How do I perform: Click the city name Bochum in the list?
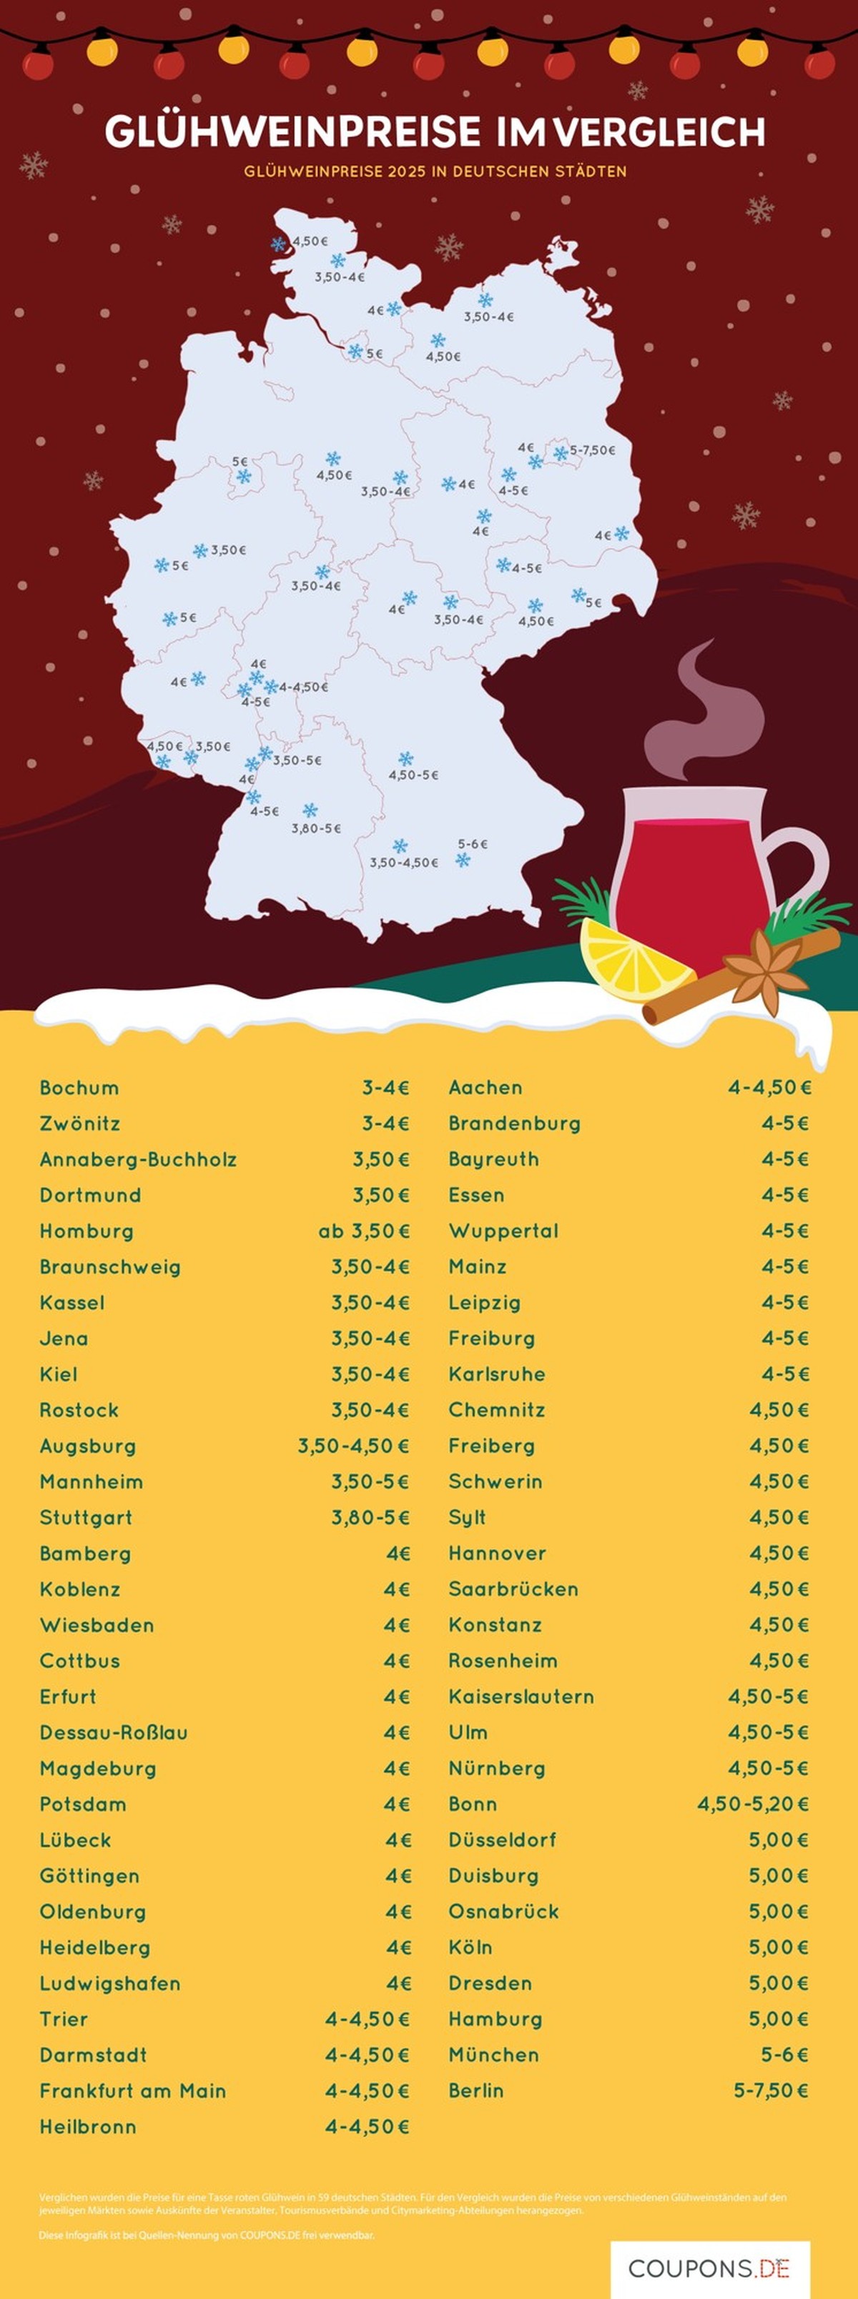79,1088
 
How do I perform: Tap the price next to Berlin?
771,2090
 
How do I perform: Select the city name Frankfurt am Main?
132,2090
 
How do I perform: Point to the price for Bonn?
753,1804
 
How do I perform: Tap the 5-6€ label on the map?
473,843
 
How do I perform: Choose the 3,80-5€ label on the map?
316,828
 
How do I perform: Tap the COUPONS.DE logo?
710,2268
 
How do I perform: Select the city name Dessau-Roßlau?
114,1732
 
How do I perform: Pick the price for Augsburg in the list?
353,1446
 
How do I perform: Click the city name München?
494,2055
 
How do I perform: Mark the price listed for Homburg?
364,1231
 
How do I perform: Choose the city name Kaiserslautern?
521,1697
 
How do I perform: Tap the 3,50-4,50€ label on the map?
403,863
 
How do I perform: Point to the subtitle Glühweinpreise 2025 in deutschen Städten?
435,172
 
